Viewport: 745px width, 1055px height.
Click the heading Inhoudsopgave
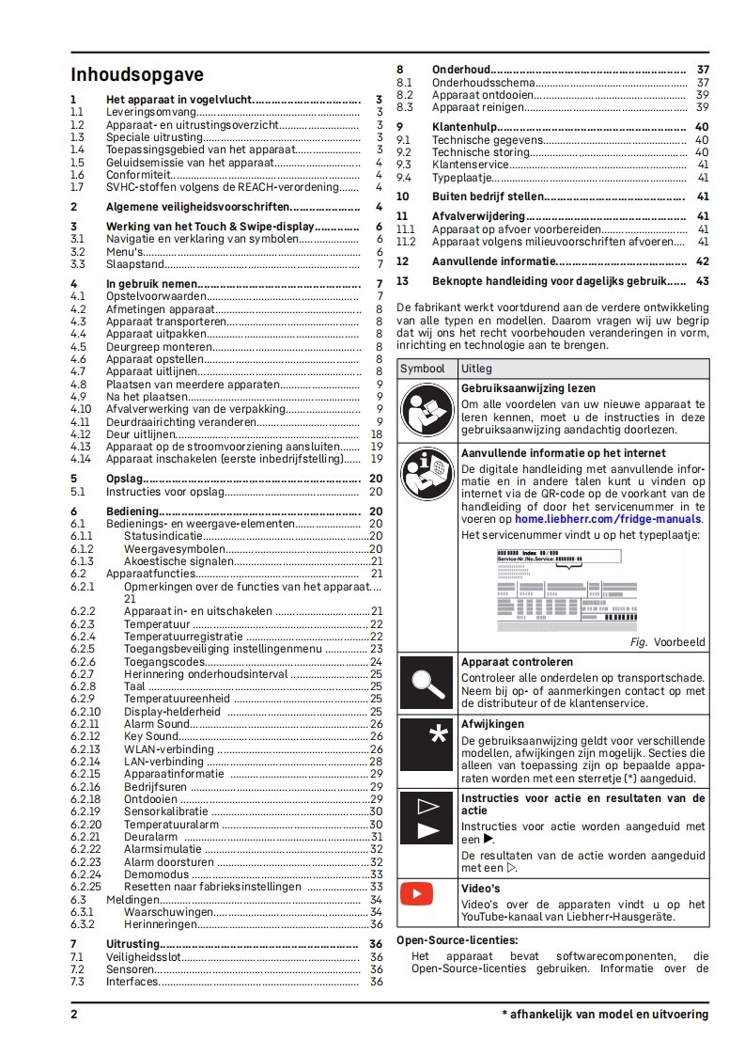(137, 75)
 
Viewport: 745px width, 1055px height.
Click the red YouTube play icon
(416, 892)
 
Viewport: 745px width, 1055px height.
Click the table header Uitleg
(476, 369)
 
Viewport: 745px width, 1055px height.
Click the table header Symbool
(423, 369)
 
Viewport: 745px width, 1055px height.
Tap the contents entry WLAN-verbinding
(169, 749)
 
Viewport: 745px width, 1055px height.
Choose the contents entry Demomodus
(158, 874)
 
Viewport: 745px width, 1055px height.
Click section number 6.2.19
(85, 811)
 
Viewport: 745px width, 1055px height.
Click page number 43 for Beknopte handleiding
(702, 281)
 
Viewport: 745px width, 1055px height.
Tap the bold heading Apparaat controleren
(517, 662)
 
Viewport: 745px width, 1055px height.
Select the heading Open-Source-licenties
(458, 939)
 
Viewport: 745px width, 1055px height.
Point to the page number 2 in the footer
(74, 1015)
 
